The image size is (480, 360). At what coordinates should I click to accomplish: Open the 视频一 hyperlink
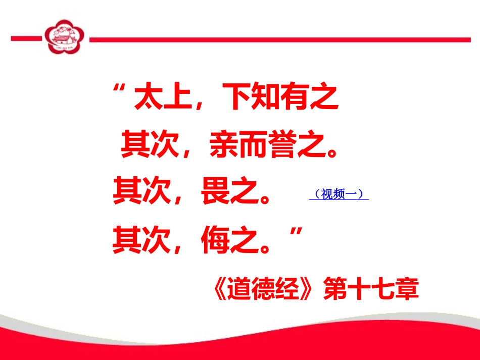click(x=339, y=194)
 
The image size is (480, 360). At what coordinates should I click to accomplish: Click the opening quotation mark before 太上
click(x=120, y=93)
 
